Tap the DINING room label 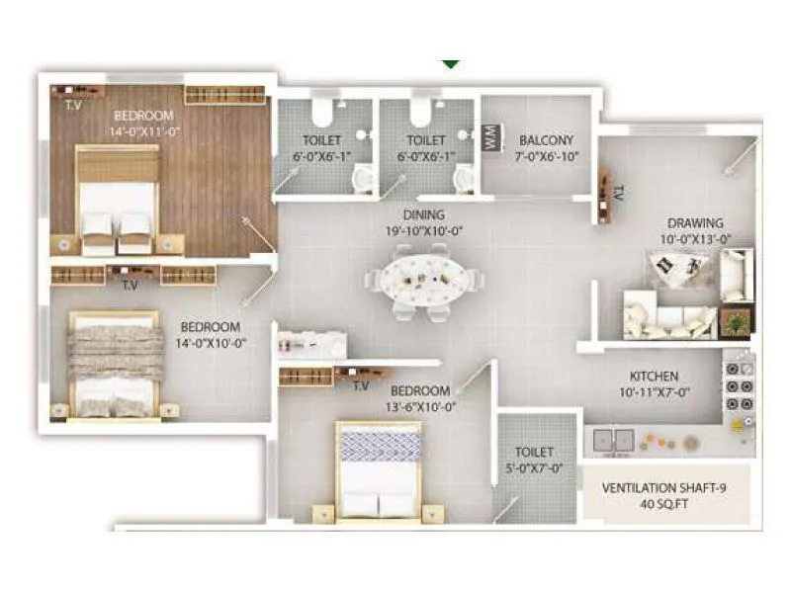(423, 214)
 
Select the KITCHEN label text (655, 377)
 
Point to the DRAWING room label (695, 223)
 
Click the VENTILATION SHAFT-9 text (664, 487)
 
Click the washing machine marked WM (491, 139)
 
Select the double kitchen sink (613, 438)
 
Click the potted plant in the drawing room (735, 322)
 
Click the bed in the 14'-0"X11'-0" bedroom (118, 199)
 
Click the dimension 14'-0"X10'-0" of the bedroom (212, 343)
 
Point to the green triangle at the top (451, 63)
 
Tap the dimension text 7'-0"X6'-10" (546, 156)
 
